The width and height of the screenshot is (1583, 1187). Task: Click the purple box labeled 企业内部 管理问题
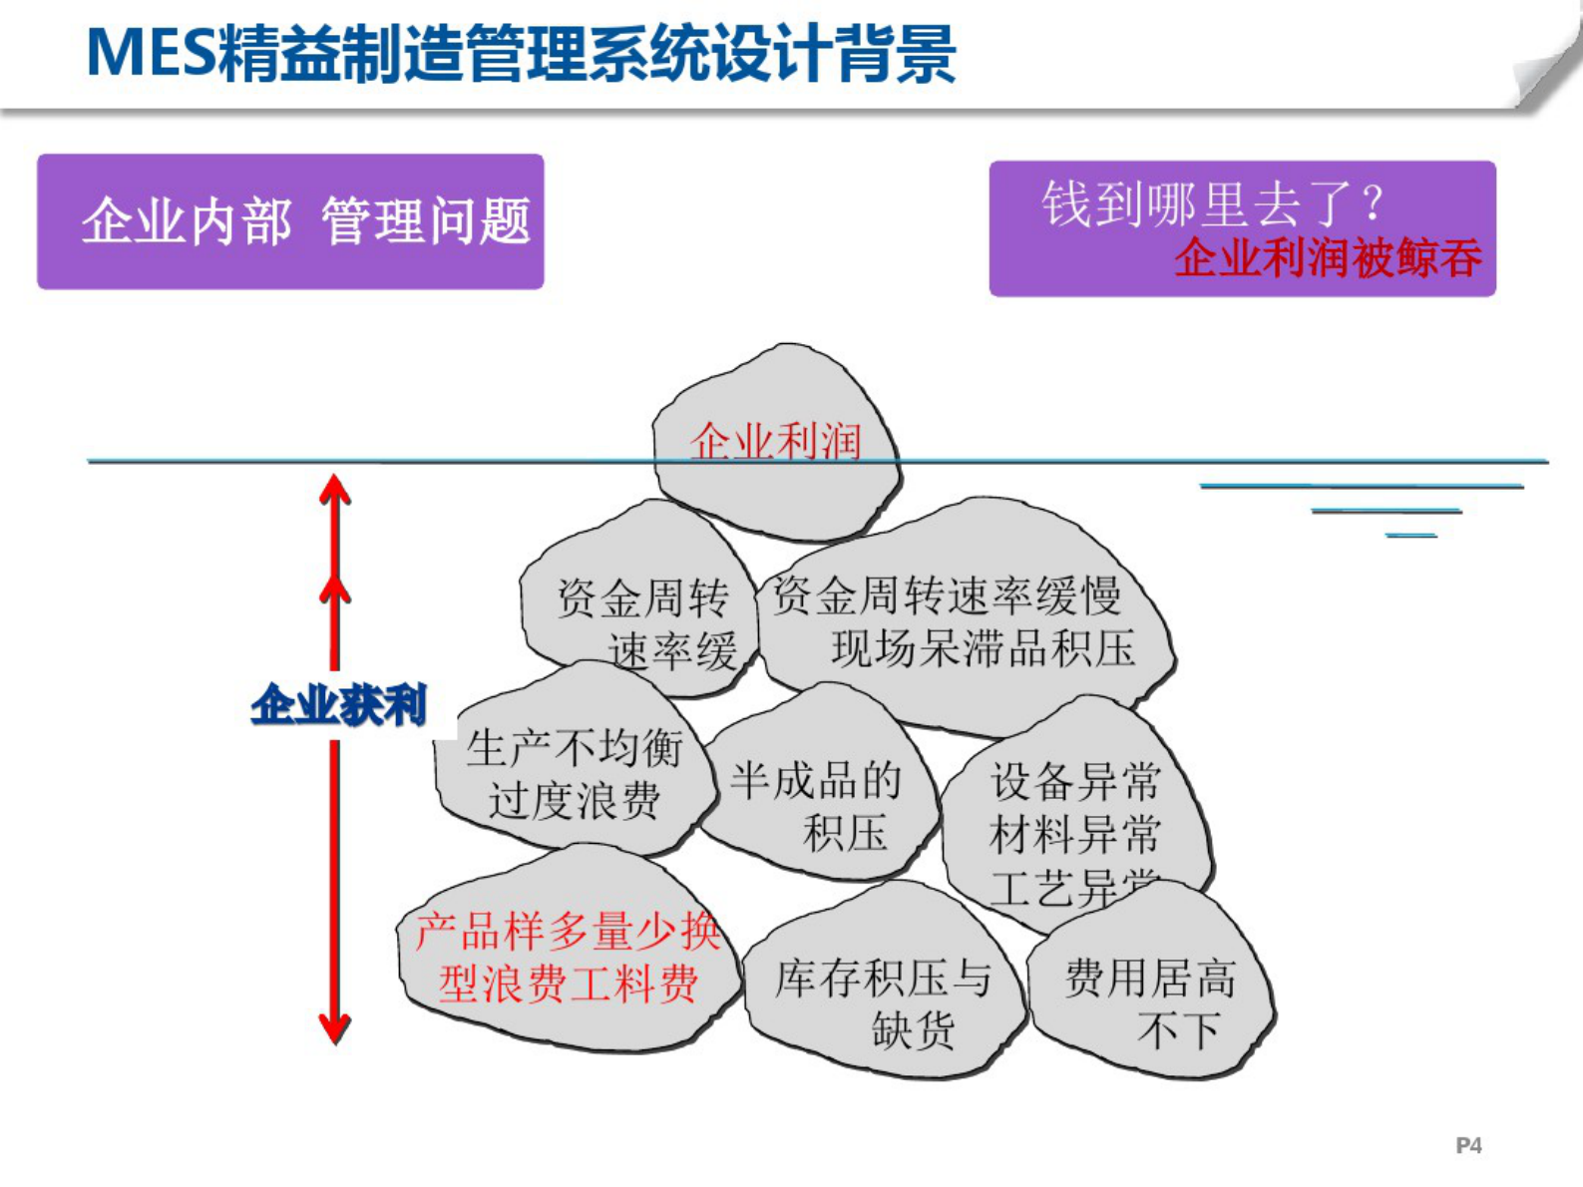pos(290,221)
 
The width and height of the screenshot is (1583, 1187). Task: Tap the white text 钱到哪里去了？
pos(1211,203)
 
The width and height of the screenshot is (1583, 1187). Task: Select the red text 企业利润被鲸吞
pos(1328,259)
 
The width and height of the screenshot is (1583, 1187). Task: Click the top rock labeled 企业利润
pos(775,442)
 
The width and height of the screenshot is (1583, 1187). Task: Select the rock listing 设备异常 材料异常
pos(1075,808)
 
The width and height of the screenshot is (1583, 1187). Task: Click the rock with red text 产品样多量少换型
pos(567,958)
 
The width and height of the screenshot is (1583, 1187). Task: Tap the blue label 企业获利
pos(339,705)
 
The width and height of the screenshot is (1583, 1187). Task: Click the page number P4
pos(1468,1145)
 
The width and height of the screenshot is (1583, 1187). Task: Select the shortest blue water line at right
pos(1410,536)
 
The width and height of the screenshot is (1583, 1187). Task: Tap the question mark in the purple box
pos(1374,203)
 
